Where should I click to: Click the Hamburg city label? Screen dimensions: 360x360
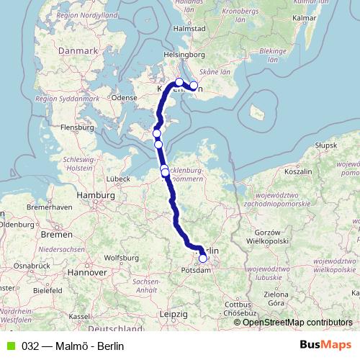coord(95,195)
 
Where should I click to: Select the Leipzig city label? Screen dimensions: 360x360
coord(174,315)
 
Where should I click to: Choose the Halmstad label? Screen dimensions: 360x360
coord(189,28)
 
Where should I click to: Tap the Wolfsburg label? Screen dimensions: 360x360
coord(120,257)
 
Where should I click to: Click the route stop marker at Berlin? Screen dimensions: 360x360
coord(203,258)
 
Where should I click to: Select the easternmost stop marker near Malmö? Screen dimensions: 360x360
coord(193,86)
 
